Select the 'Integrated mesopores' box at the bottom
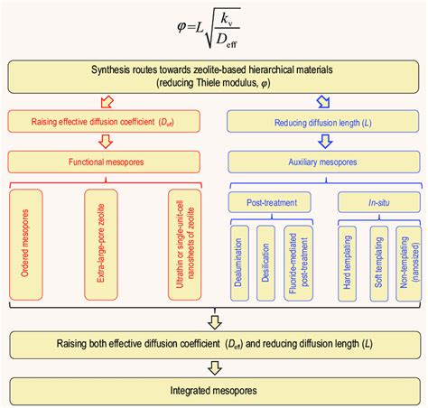[x=214, y=391]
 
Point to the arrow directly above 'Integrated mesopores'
[x=213, y=368]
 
